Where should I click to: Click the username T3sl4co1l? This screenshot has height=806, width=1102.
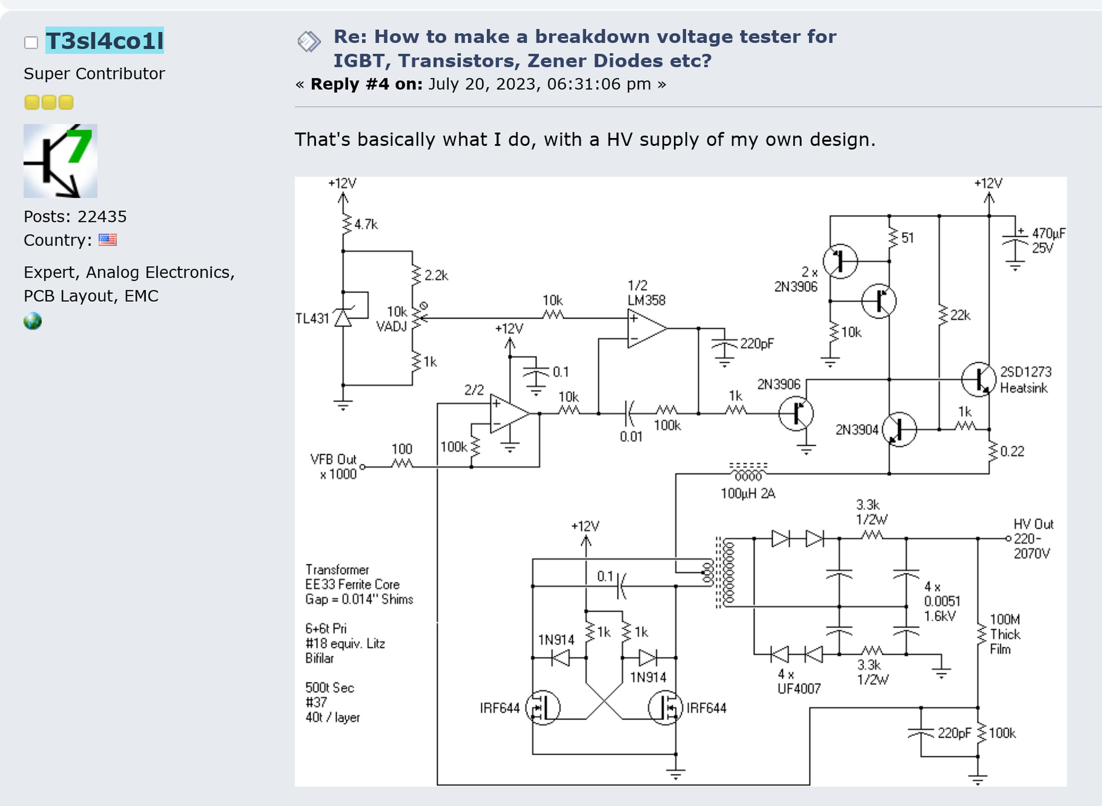(x=105, y=41)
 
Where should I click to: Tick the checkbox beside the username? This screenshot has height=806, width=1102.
(x=31, y=42)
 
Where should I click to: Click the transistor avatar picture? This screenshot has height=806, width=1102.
(x=60, y=161)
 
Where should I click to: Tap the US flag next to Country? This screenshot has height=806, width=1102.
(x=107, y=239)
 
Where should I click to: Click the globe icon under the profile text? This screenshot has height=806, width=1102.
(x=33, y=321)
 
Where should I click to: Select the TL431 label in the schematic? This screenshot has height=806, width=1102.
(x=312, y=319)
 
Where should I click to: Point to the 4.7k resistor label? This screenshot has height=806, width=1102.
(x=366, y=224)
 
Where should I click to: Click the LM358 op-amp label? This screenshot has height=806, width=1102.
(x=646, y=300)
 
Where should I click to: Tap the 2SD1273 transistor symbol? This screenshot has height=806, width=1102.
(x=979, y=379)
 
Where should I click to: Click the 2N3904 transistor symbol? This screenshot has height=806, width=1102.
(x=899, y=429)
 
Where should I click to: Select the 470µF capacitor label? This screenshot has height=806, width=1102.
(x=1048, y=233)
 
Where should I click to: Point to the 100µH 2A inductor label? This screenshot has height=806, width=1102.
(x=748, y=493)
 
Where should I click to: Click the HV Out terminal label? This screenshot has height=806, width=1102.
(x=1033, y=524)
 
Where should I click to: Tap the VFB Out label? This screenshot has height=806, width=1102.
(x=333, y=459)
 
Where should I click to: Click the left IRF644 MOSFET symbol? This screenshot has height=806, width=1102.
(x=543, y=707)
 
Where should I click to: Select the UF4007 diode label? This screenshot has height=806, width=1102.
(x=799, y=688)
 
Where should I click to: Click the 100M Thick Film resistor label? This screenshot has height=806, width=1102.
(x=1005, y=634)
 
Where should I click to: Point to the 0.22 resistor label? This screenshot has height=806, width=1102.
(x=1012, y=452)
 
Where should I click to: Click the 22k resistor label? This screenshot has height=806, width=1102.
(x=960, y=316)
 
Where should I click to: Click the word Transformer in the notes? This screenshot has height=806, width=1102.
(x=337, y=570)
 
